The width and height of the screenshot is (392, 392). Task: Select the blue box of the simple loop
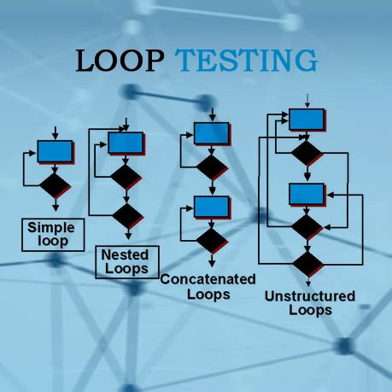(x=56, y=152)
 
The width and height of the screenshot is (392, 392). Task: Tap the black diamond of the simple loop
(x=56, y=182)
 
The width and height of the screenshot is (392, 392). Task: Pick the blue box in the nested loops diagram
(x=126, y=142)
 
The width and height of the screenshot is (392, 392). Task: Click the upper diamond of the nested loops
(x=126, y=177)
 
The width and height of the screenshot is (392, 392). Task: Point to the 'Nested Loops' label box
(x=126, y=260)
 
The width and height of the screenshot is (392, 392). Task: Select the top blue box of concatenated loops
(x=210, y=133)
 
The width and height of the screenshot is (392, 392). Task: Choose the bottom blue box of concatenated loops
(x=210, y=206)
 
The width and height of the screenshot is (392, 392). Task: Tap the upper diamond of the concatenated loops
(x=210, y=167)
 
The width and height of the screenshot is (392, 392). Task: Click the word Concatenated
(x=209, y=280)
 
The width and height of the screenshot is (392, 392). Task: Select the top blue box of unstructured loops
(x=305, y=119)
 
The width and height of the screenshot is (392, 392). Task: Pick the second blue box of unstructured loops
(x=305, y=194)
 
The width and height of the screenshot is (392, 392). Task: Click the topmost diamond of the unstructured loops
(x=305, y=154)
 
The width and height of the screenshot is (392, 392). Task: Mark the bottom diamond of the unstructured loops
(x=305, y=262)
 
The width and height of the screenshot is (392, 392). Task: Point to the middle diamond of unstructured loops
(x=305, y=227)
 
